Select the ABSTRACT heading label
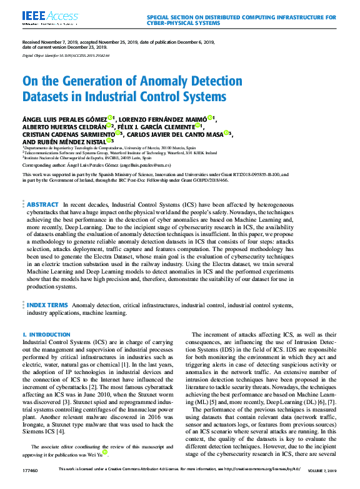pos(43,187)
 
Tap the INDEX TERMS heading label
pos(47,305)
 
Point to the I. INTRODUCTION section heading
pos(46,335)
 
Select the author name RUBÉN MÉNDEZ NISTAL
pos(62,141)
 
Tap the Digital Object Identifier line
pos(66,56)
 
